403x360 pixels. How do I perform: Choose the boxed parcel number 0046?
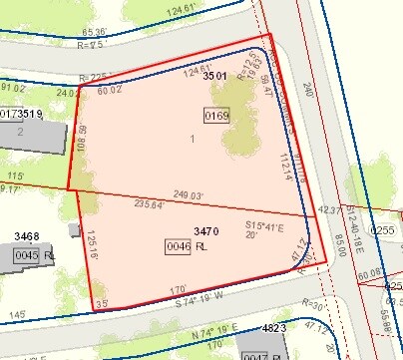[x=178, y=245]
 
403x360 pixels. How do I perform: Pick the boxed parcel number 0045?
[x=26, y=256]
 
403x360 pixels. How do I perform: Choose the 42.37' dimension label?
[x=328, y=210]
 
